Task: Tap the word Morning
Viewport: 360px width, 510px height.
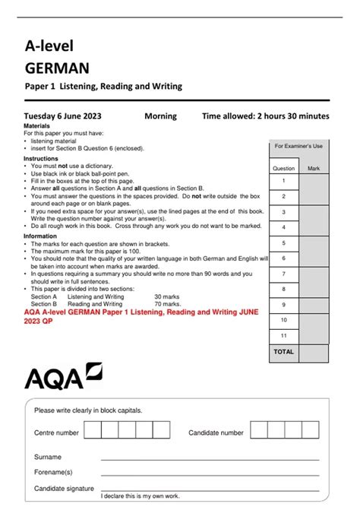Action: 160,116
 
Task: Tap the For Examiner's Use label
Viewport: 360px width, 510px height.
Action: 298,146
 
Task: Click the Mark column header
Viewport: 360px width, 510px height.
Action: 313,168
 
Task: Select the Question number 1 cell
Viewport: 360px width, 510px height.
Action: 283,181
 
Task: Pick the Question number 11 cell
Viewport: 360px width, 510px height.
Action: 283,335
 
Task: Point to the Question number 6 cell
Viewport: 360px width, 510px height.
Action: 283,258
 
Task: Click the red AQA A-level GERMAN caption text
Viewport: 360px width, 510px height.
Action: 141,316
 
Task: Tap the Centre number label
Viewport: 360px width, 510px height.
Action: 56,432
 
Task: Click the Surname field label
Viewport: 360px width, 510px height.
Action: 48,458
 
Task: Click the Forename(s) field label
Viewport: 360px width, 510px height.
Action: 53,472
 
